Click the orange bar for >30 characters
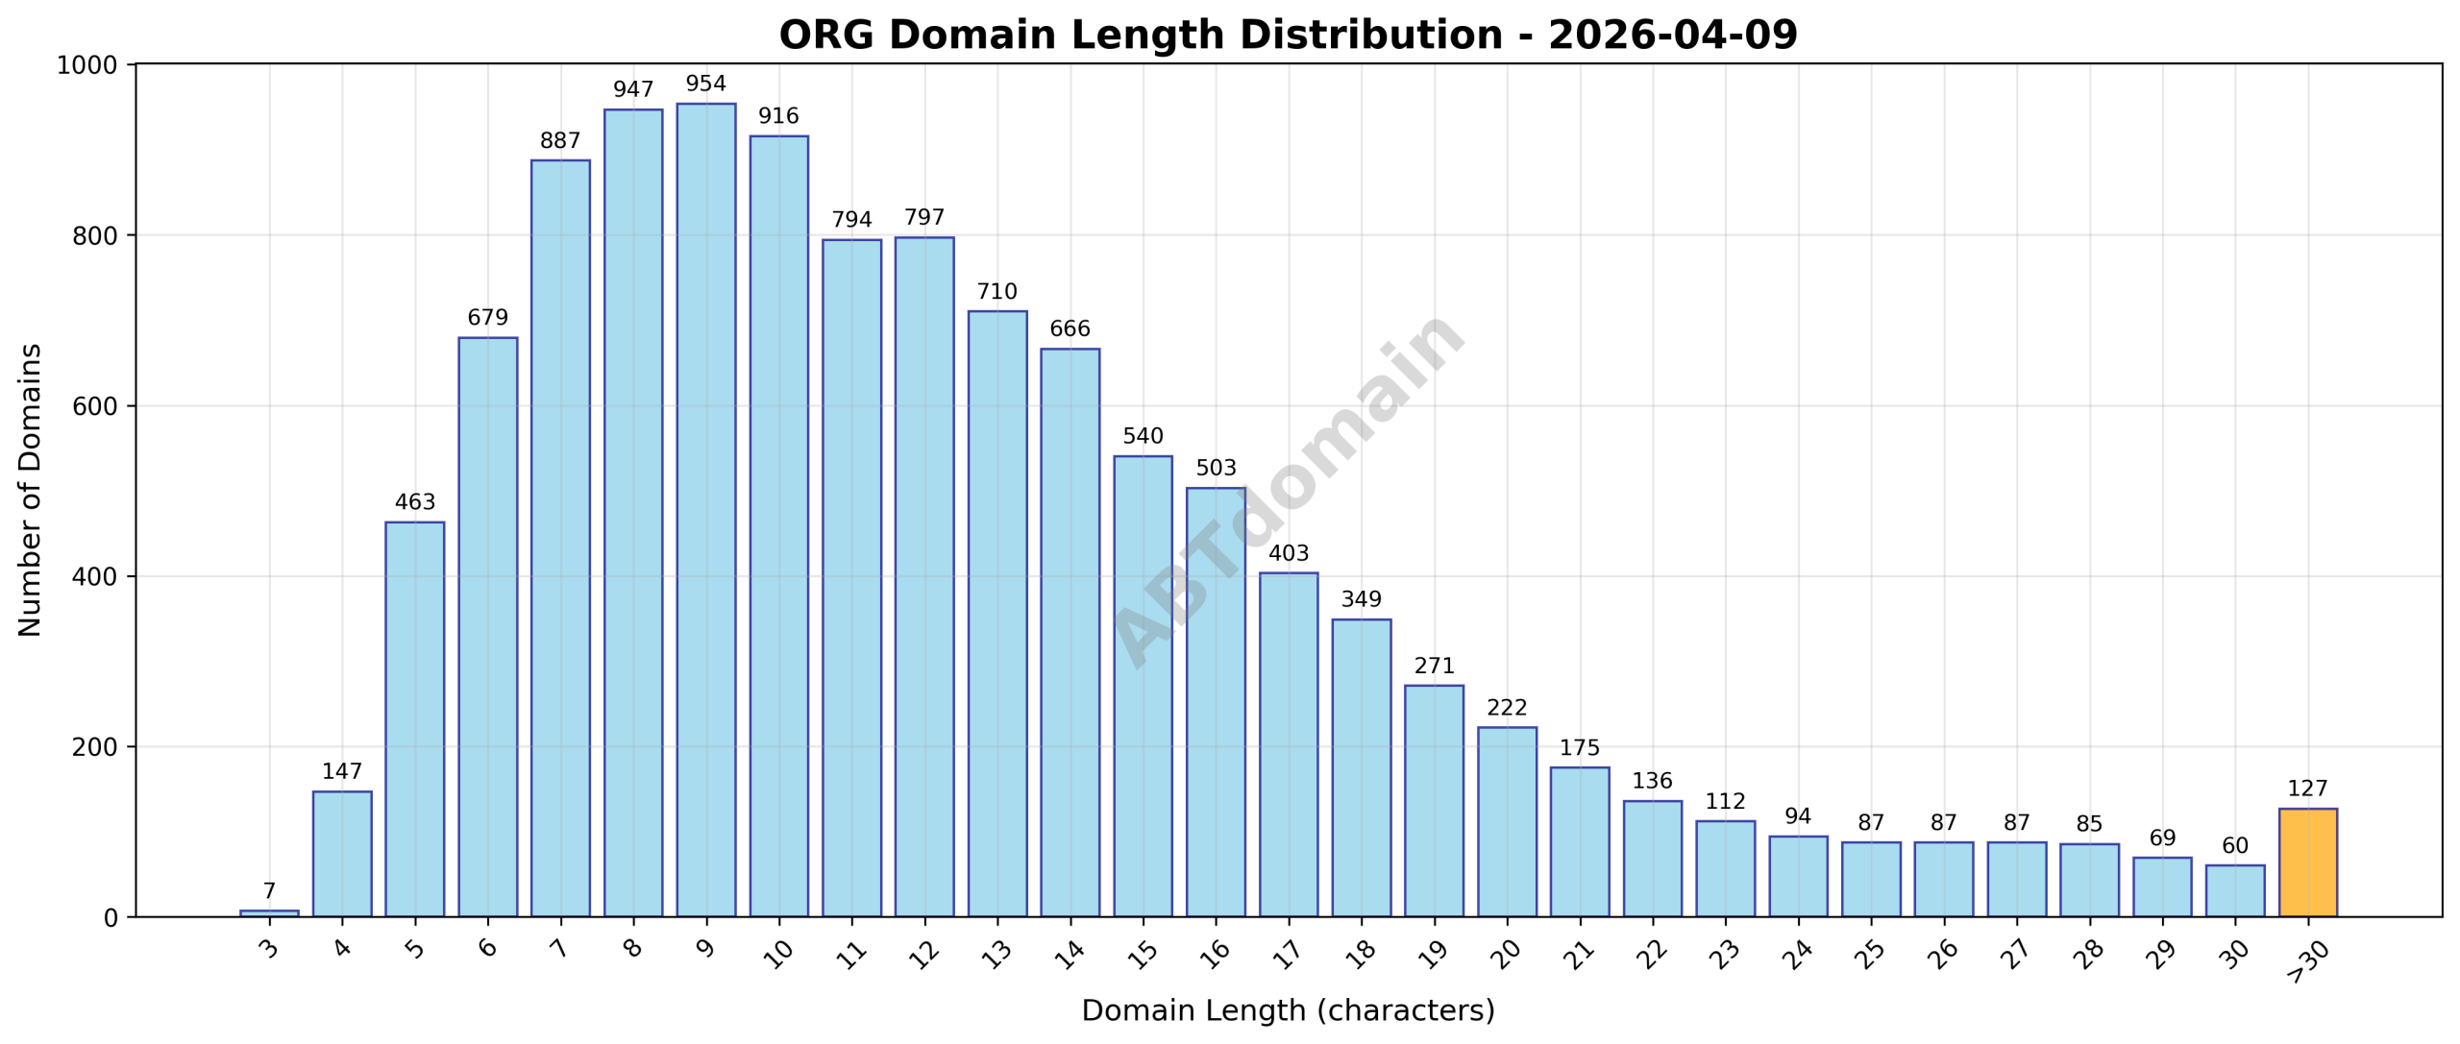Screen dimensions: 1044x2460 pyautogui.click(x=2307, y=862)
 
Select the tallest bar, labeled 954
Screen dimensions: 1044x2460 pyautogui.click(x=705, y=509)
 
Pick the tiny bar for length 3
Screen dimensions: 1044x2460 pyautogui.click(x=269, y=912)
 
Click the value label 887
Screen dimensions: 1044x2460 pyautogui.click(x=560, y=141)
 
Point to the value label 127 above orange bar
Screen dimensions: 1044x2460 pyautogui.click(x=2307, y=789)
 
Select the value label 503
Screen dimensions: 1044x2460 pyautogui.click(x=1216, y=468)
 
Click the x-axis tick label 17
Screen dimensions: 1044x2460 pyautogui.click(x=1287, y=953)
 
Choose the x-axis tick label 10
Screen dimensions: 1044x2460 pyautogui.click(x=777, y=953)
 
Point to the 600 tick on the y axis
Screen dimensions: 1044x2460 pyautogui.click(x=95, y=406)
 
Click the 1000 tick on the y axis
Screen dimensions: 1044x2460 pyautogui.click(x=86, y=65)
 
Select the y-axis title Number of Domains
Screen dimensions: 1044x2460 pyautogui.click(x=31, y=490)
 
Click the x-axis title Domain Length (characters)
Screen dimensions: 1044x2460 pyautogui.click(x=1288, y=1010)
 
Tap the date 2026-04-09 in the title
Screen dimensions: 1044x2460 pyautogui.click(x=1672, y=36)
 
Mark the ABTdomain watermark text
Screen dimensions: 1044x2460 pyautogui.click(x=1288, y=490)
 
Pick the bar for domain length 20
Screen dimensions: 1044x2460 pyautogui.click(x=1506, y=821)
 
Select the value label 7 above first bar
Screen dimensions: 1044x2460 pyautogui.click(x=269, y=891)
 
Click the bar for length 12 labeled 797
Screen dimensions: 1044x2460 pyautogui.click(x=923, y=576)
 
